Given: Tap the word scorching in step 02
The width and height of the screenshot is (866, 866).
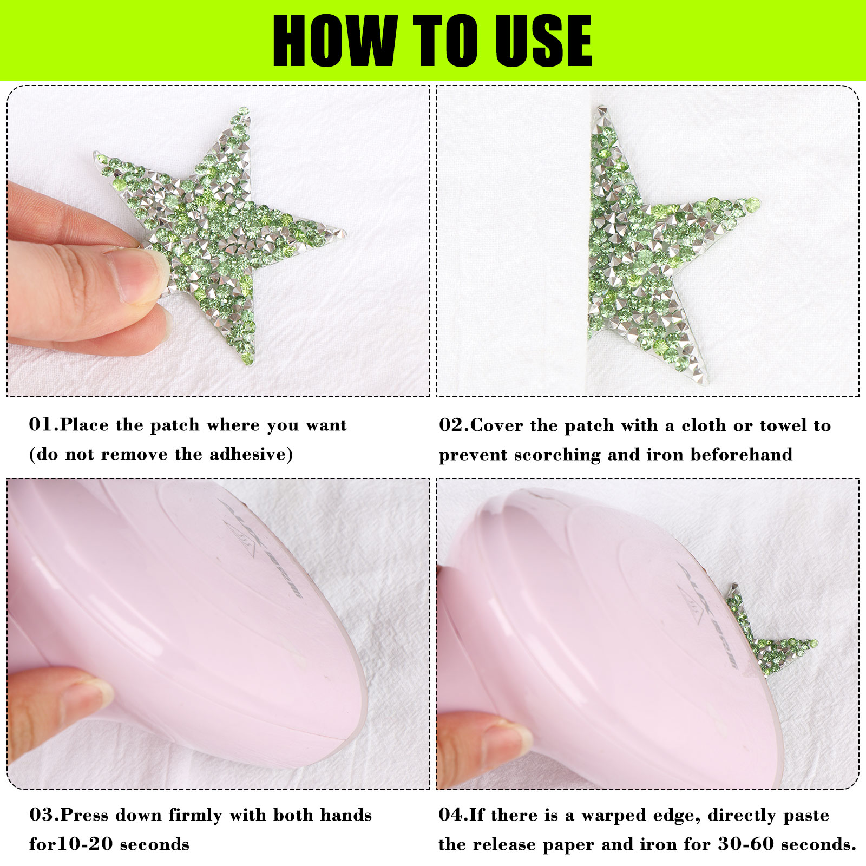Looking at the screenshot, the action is pyautogui.click(x=557, y=455).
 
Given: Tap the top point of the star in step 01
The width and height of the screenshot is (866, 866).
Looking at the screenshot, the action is pyautogui.click(x=245, y=110).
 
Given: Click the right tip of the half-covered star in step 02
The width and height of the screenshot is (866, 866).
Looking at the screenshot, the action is pyautogui.click(x=757, y=203).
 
